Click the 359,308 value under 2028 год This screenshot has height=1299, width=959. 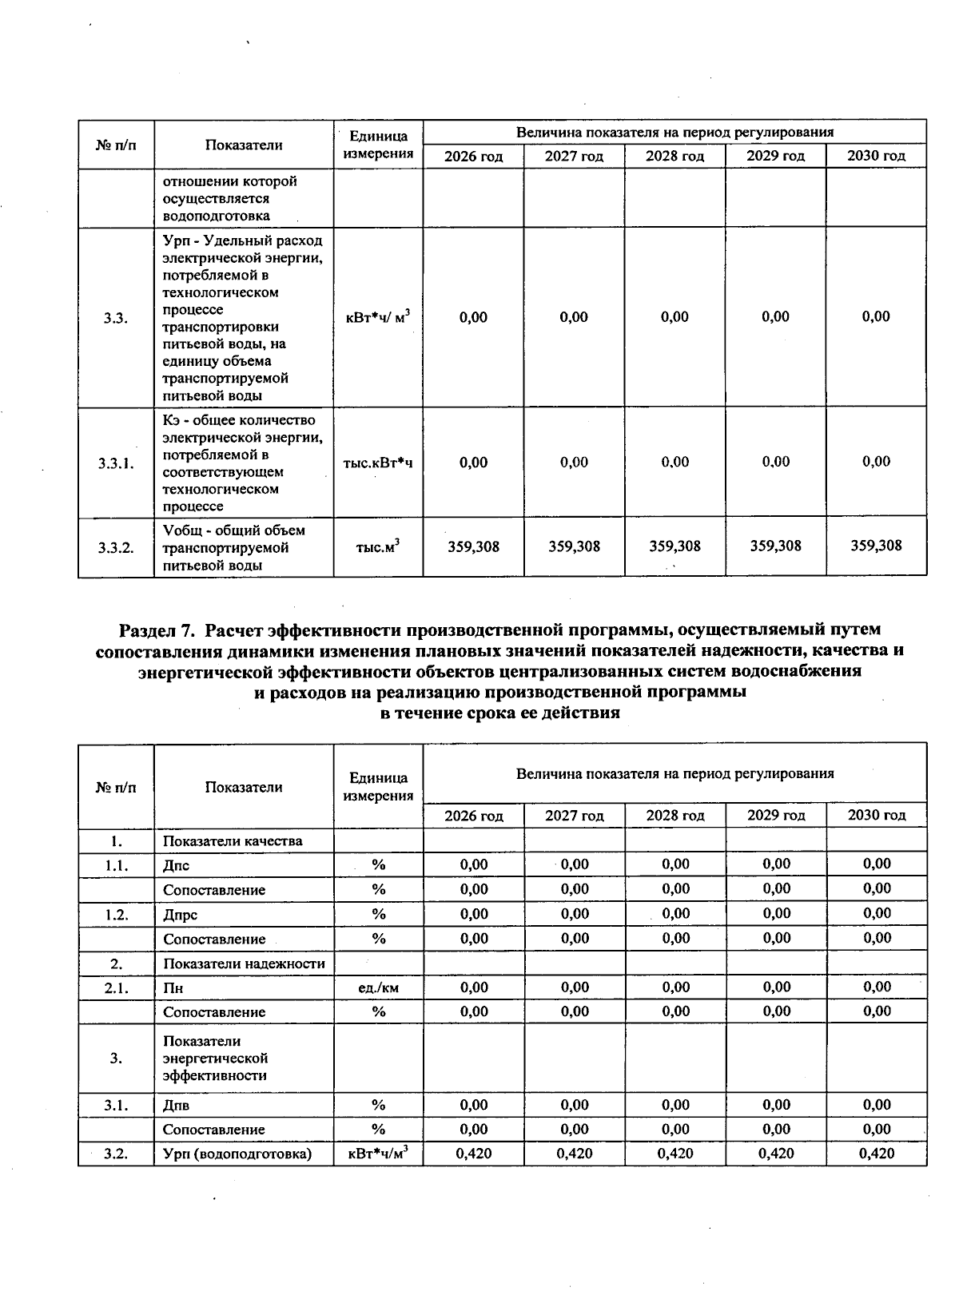(x=674, y=546)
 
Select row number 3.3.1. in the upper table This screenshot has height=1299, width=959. (x=116, y=463)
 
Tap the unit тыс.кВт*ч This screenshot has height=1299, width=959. (x=377, y=463)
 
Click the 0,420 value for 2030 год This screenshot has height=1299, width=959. (x=877, y=1153)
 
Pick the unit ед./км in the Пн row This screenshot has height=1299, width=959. (x=378, y=987)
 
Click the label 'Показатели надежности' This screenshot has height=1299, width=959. (x=244, y=963)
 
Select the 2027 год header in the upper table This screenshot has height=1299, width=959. (x=574, y=157)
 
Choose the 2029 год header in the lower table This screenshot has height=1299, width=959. (x=775, y=815)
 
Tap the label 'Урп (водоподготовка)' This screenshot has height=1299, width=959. (x=237, y=1154)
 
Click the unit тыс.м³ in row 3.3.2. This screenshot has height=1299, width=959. (x=377, y=547)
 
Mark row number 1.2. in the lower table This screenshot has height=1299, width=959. (x=116, y=915)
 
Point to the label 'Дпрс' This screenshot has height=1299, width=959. (x=180, y=915)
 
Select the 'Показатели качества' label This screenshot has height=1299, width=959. (x=233, y=840)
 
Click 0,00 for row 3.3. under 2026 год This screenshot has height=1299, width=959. (x=473, y=317)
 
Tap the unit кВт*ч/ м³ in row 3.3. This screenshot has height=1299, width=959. (x=377, y=317)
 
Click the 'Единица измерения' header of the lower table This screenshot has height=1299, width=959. (x=378, y=786)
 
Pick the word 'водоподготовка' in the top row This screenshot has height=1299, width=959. (x=216, y=216)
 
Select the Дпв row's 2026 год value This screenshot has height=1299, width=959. (x=474, y=1105)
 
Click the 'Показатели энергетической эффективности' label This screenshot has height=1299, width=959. (x=215, y=1059)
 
